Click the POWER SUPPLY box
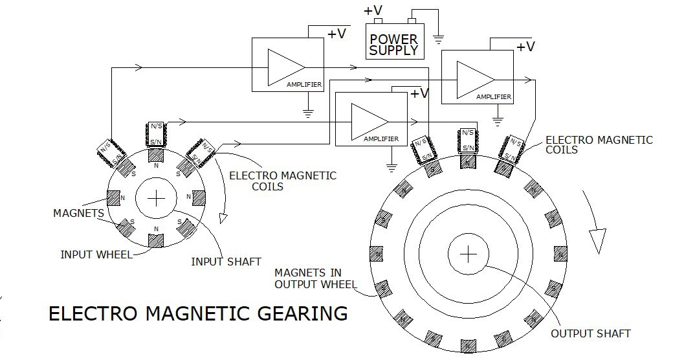point(395,41)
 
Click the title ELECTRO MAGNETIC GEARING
point(198,313)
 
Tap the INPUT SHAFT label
point(226,262)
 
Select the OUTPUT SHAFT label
point(591,333)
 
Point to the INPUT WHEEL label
point(96,254)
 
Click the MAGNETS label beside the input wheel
point(78,213)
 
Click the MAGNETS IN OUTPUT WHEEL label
point(316,278)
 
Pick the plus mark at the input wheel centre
point(156,199)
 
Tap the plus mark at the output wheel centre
point(469,254)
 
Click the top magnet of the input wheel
point(156,155)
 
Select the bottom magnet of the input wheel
point(156,241)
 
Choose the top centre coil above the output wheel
point(468,140)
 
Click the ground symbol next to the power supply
point(438,40)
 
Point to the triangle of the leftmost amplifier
point(286,67)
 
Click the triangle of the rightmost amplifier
point(476,80)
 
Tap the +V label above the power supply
point(373,10)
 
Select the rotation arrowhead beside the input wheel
point(223,218)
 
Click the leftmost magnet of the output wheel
point(377,254)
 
